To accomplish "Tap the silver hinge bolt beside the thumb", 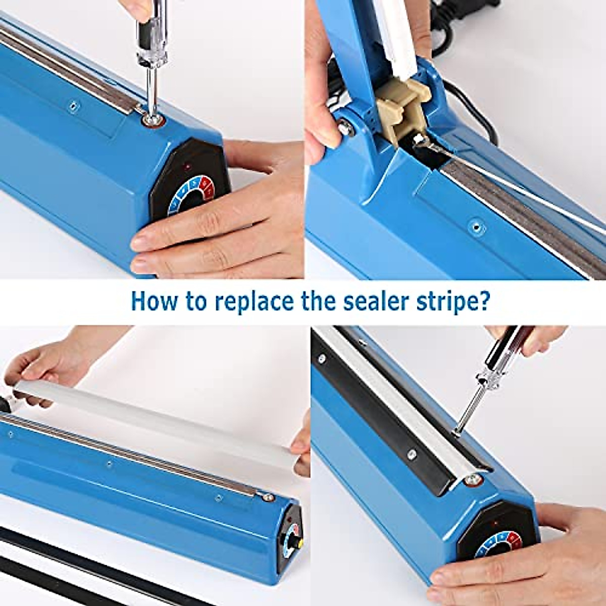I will (345, 128).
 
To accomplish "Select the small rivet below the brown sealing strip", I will (476, 227).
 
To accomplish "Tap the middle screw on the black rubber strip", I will (412, 454).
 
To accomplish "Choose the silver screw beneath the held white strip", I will (267, 497).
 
